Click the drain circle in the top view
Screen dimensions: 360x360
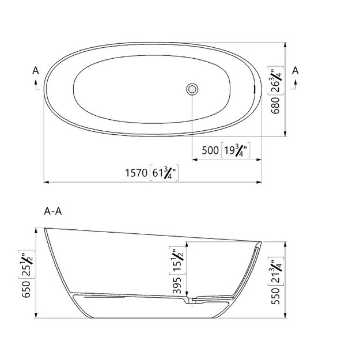click(x=192, y=89)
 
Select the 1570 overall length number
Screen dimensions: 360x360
click(x=136, y=173)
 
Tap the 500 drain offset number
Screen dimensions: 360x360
click(x=210, y=150)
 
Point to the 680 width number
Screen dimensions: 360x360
click(x=275, y=105)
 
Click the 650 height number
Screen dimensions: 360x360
click(x=26, y=289)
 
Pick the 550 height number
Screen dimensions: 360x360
click(x=275, y=296)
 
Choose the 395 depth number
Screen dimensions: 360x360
click(x=177, y=286)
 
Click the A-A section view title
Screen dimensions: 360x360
click(x=53, y=211)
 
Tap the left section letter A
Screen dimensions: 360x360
click(x=36, y=70)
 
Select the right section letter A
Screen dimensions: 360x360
click(x=295, y=70)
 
